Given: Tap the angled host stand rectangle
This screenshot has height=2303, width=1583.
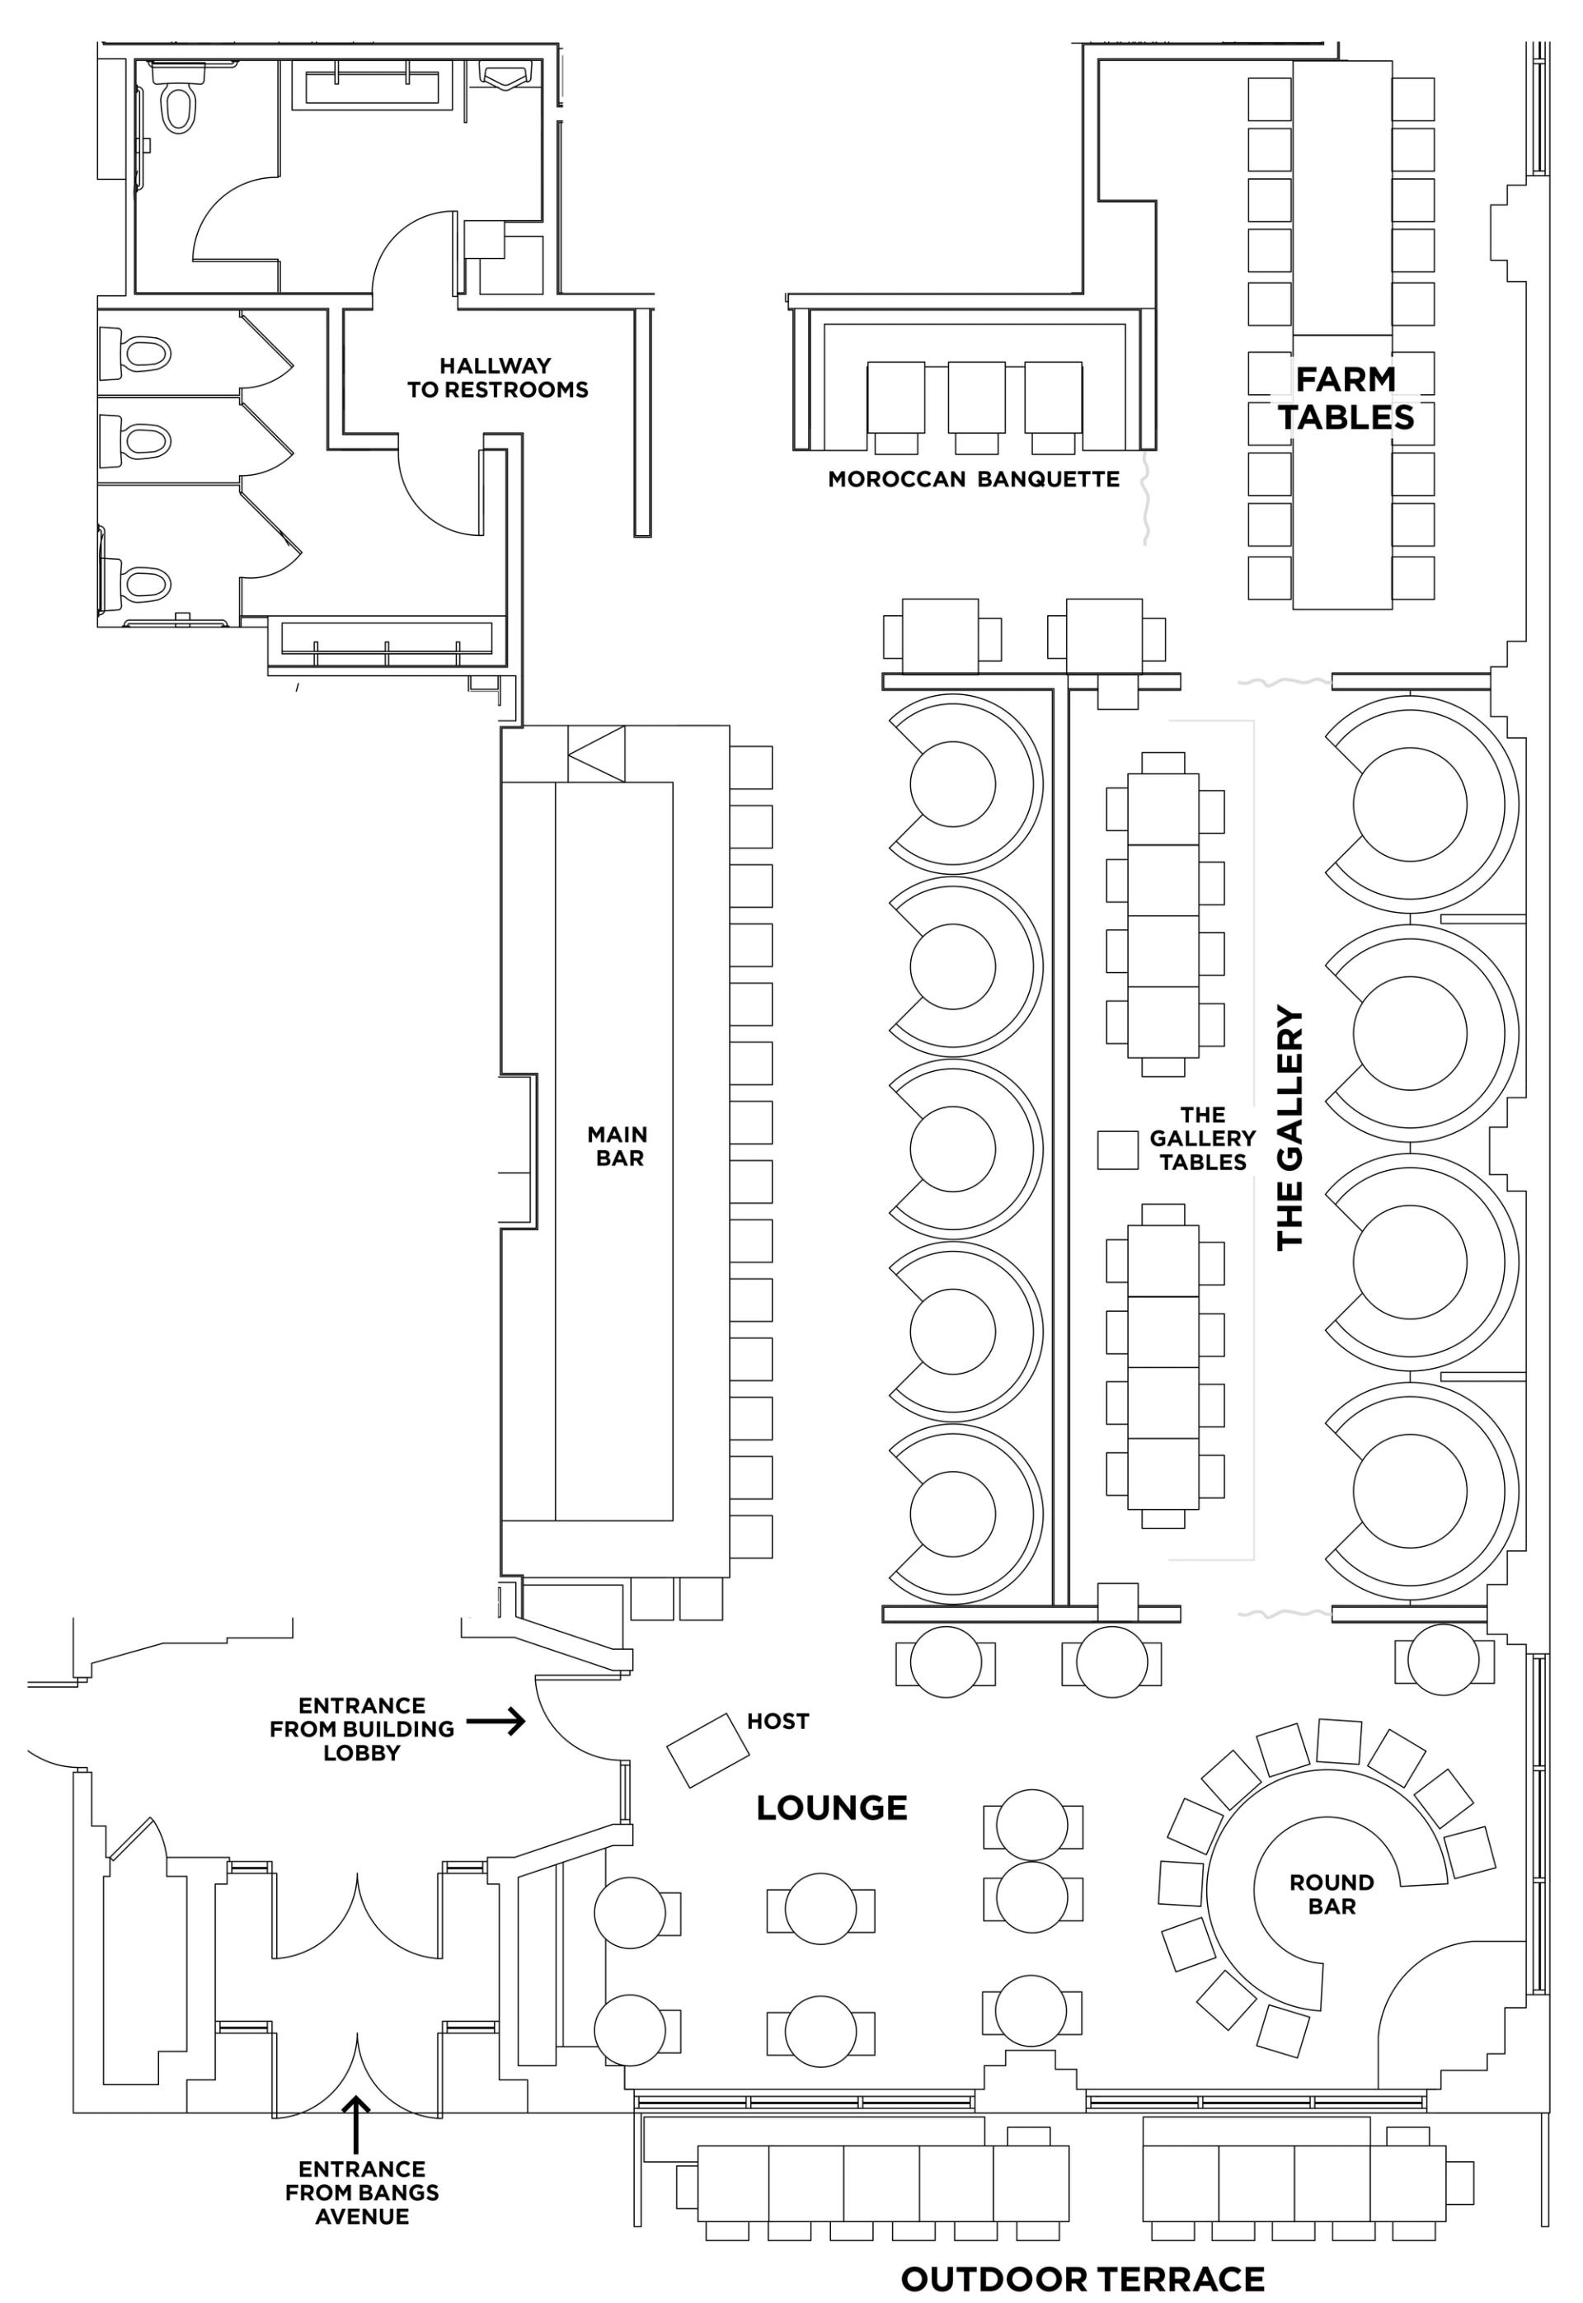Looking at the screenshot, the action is coord(707,1751).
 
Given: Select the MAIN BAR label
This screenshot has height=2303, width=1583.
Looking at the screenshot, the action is coord(618,1145).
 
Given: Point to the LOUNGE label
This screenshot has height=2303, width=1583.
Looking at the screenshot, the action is coord(831,1808).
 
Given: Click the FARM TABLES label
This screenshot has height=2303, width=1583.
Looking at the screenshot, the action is coord(1346,397).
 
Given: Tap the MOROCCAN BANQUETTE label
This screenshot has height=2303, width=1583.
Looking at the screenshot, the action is coord(973,479).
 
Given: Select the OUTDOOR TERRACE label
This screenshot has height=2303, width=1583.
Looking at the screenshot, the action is coord(1082,2278).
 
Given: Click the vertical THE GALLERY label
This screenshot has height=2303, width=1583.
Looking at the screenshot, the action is coord(1289,1128).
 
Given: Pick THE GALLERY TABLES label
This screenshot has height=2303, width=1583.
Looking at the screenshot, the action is coord(1202,1139).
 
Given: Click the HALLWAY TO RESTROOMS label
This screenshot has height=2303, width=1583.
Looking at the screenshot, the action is coord(497,378).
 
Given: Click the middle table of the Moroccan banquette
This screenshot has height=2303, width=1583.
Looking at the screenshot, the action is coord(976,397).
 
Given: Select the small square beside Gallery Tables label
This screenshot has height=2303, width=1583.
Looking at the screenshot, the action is coord(1117,1150).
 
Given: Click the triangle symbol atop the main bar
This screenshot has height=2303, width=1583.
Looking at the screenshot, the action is coord(596,754).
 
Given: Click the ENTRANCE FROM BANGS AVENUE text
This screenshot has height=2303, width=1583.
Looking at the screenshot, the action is coord(361,2192).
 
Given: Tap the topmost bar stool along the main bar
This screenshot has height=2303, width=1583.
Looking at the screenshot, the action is coord(751,767).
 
